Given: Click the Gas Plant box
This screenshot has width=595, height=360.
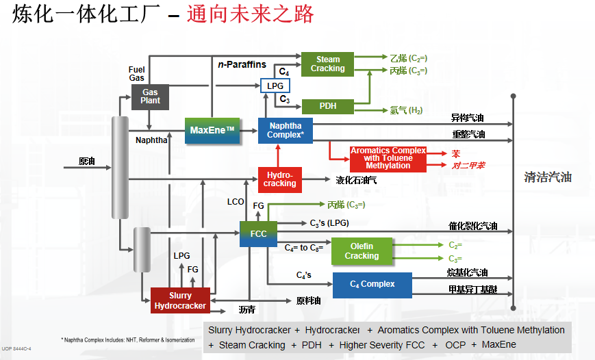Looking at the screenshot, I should tap(150, 97).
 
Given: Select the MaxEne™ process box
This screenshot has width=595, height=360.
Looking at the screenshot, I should tap(212, 130).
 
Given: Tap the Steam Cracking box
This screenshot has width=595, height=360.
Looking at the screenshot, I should tap(327, 64).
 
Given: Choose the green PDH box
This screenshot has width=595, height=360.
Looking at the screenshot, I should tap(327, 106).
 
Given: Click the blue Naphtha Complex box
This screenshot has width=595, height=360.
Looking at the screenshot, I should tap(285, 130).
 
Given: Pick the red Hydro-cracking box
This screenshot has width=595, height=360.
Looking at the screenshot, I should tap(280, 179).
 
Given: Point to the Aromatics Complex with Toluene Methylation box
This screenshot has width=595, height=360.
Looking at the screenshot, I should tap(388, 158).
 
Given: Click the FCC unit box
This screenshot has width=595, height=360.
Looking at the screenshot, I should tap(258, 233).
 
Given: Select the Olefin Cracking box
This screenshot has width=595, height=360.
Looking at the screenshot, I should tap(362, 251).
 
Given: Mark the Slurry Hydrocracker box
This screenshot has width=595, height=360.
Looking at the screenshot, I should tap(180, 300).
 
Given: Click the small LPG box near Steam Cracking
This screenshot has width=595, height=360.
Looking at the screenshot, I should tap(275, 86).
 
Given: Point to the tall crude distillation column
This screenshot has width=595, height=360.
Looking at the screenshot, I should tap(121, 167).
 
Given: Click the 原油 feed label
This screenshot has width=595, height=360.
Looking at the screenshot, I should tap(87, 162).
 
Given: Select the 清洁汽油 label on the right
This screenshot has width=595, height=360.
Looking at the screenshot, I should tap(548, 177).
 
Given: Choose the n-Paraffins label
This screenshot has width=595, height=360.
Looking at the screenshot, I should tap(242, 64).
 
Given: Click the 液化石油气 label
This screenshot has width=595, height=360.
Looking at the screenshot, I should tap(356, 181).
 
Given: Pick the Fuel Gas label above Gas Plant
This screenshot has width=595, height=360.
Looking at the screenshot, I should tap(136, 74).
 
